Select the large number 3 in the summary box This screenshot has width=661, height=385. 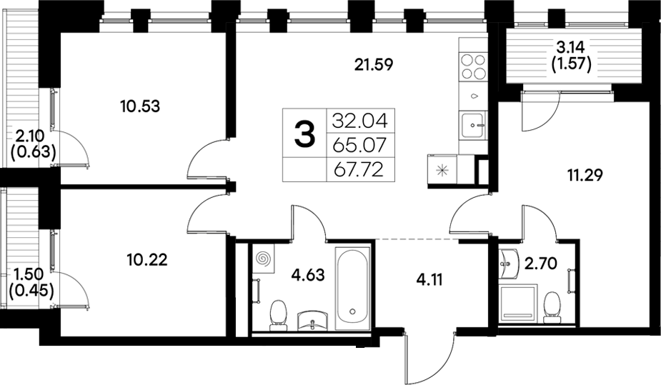click(x=304, y=134)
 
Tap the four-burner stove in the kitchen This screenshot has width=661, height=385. click(x=472, y=66)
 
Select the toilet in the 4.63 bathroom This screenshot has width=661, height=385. click(x=278, y=314)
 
